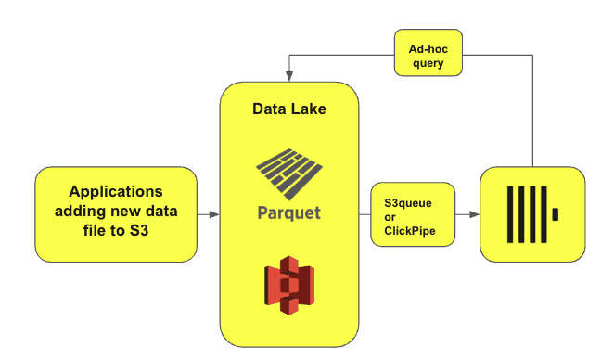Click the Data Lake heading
pyautogui.click(x=289, y=109)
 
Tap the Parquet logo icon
pyautogui.click(x=289, y=174)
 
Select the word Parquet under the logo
pyautogui.click(x=289, y=213)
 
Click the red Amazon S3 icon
pyautogui.click(x=289, y=285)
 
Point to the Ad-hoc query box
pyautogui.click(x=428, y=53)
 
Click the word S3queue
pyautogui.click(x=408, y=203)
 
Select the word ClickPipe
pyautogui.click(x=410, y=231)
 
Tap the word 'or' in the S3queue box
pyautogui.click(x=390, y=217)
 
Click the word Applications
pyautogui.click(x=116, y=192)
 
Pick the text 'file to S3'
pyautogui.click(x=116, y=230)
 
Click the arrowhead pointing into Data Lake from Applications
pyautogui.click(x=214, y=214)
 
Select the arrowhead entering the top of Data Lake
pyautogui.click(x=289, y=76)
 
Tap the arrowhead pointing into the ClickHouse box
pyautogui.click(x=475, y=214)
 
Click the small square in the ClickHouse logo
pyautogui.click(x=555, y=214)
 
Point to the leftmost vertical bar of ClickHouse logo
pyautogui.click(x=510, y=214)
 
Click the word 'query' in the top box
pyautogui.click(x=428, y=63)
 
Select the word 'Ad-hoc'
pyautogui.click(x=428, y=49)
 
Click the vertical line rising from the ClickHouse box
pyautogui.click(x=532, y=110)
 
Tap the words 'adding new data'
pyautogui.click(x=116, y=211)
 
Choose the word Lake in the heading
pyautogui.click(x=308, y=109)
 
